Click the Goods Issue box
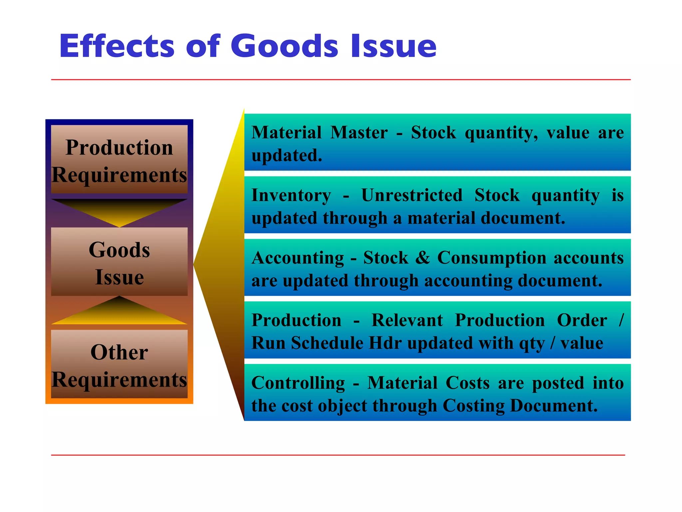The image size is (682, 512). point(119,262)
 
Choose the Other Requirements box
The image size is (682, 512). point(119,365)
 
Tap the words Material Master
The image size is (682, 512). point(319,133)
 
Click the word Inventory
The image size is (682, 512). point(291,195)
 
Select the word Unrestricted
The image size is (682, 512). point(412,195)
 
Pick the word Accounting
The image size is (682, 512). point(298,258)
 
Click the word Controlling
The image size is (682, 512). point(298,383)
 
